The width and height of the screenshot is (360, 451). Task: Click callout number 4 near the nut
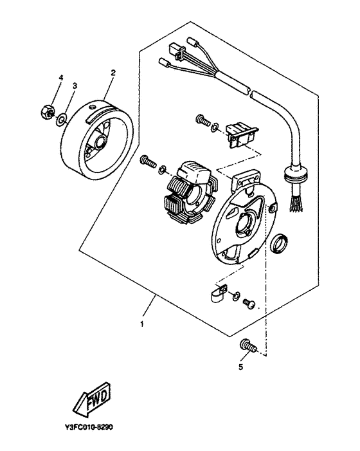pos(60,78)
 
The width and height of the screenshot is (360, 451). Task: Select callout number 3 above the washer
pos(75,86)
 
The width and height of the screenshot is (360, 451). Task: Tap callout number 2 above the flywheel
pos(113,73)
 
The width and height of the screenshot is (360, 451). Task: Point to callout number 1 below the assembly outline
pos(141,324)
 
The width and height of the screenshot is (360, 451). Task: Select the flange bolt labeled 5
pos(248,346)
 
